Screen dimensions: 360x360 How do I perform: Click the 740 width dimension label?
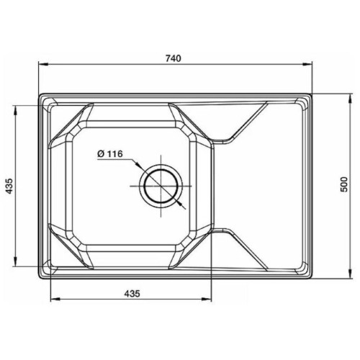(x=174, y=58)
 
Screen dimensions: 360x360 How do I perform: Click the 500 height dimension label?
(x=344, y=184)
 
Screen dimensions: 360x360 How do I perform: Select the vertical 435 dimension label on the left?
(x=9, y=186)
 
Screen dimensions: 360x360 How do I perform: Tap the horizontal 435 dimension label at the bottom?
(x=132, y=293)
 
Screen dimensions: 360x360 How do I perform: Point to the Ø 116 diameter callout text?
(x=110, y=153)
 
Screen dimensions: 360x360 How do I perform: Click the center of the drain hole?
(x=161, y=186)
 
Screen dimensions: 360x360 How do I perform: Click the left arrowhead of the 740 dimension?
(x=43, y=64)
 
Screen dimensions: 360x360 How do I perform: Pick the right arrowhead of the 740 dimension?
(x=307, y=64)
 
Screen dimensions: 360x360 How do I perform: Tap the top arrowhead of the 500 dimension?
(x=351, y=99)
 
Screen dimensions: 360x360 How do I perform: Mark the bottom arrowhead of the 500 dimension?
(x=351, y=274)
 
